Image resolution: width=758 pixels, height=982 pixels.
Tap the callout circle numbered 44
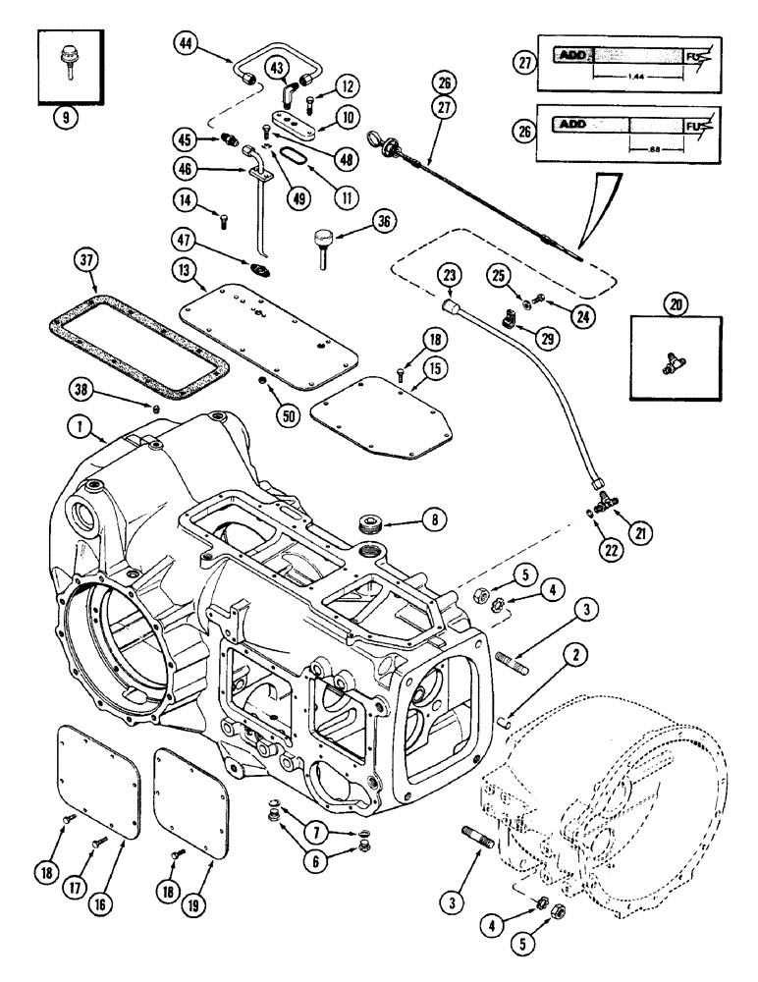[x=187, y=42]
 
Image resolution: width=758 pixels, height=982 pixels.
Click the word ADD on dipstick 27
[x=573, y=57]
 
